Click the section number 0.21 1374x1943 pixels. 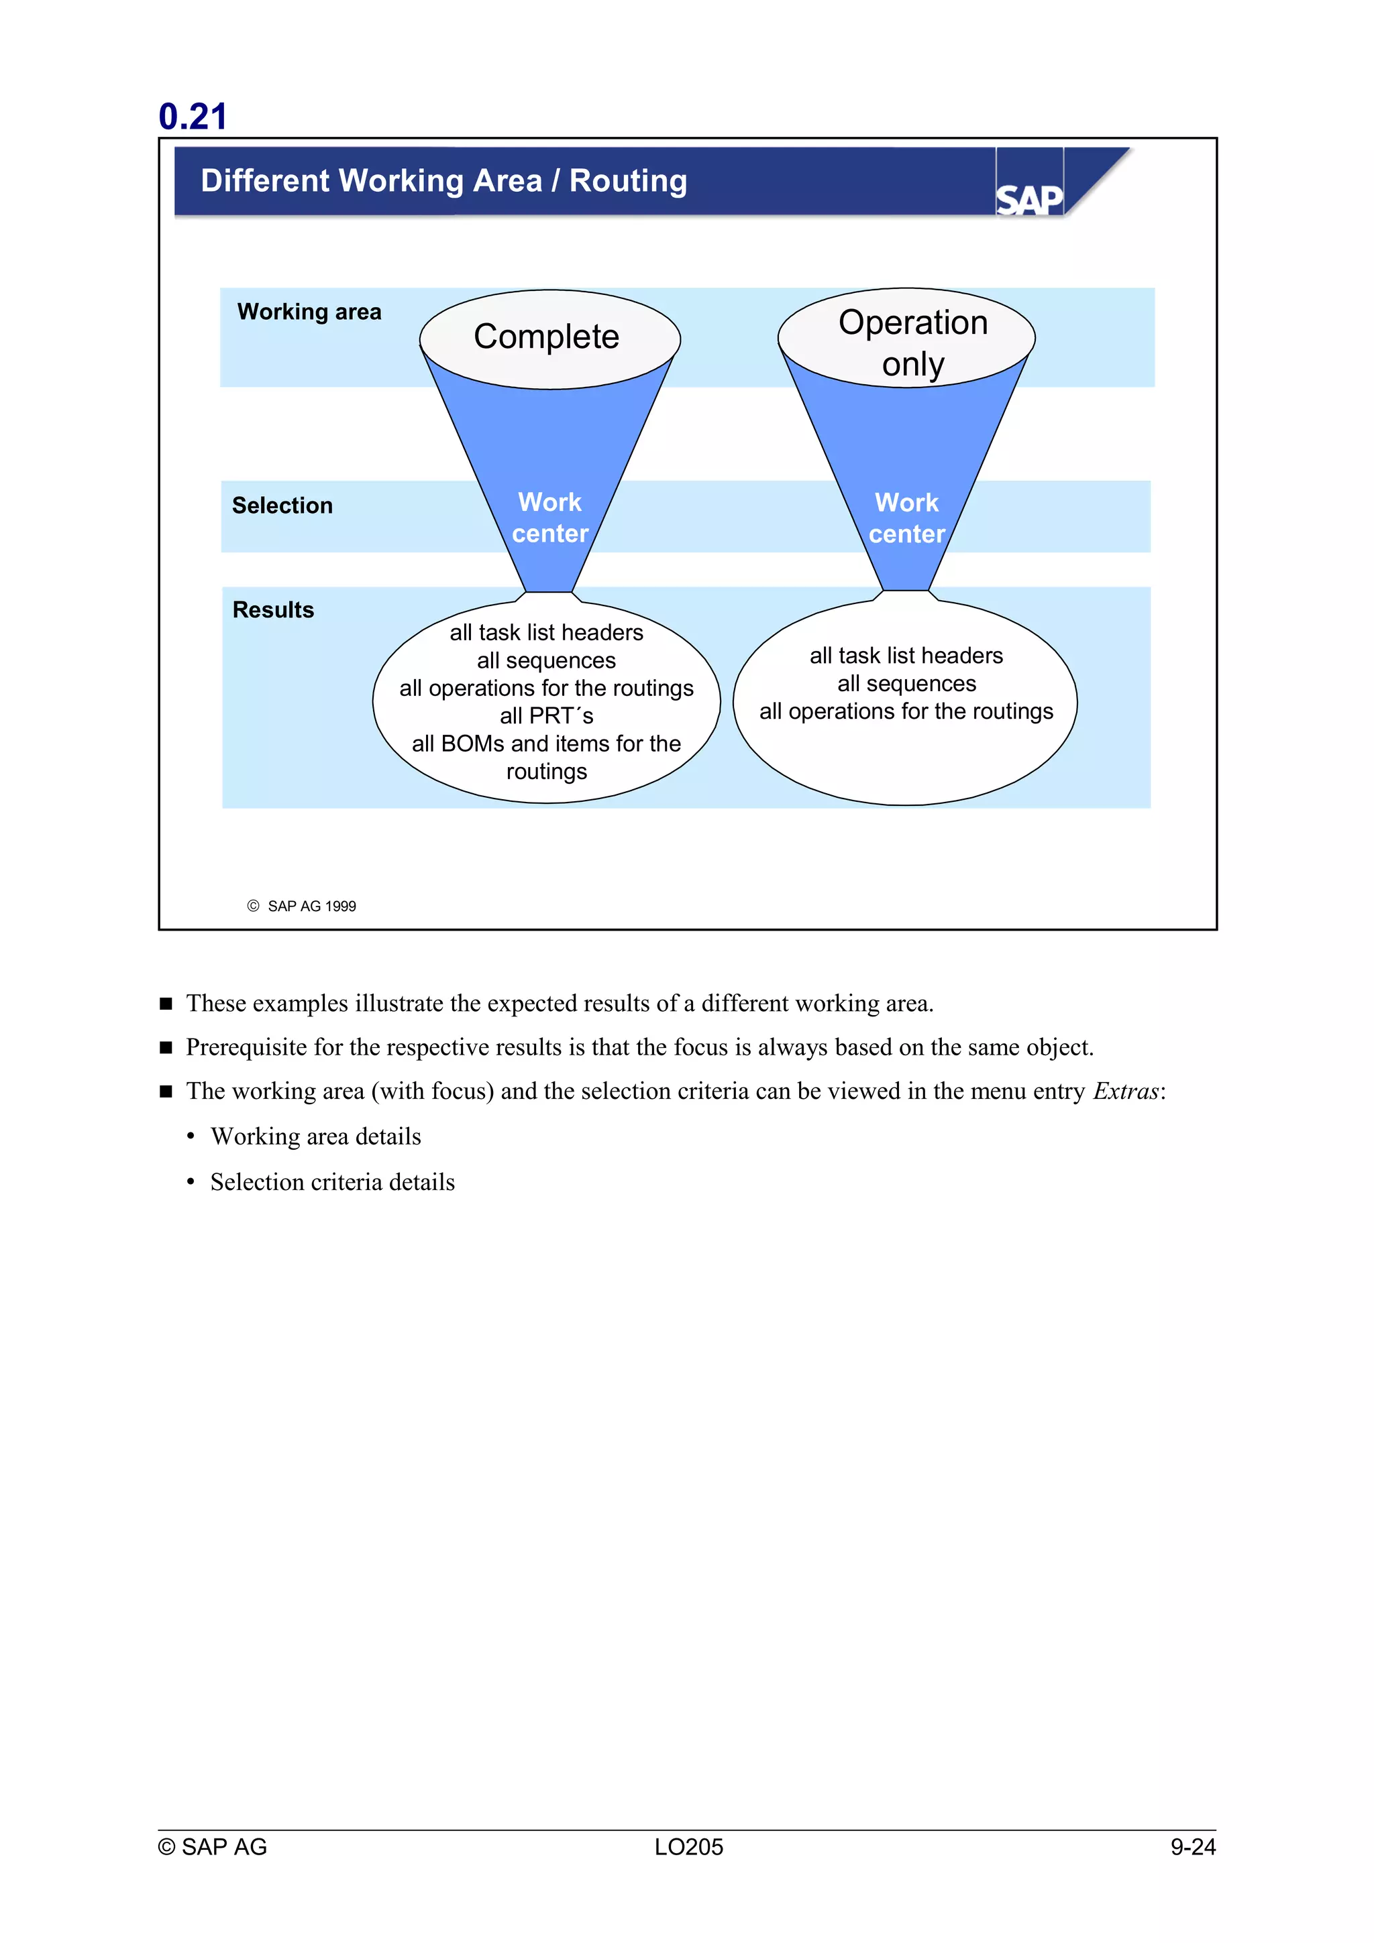pyautogui.click(x=193, y=117)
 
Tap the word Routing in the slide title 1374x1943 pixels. pyautogui.click(x=627, y=181)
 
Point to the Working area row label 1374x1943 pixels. pyautogui.click(x=309, y=312)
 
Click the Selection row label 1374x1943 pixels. pyautogui.click(x=282, y=506)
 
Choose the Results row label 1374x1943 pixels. pyautogui.click(x=272, y=610)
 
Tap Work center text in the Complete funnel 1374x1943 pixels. pyautogui.click(x=549, y=518)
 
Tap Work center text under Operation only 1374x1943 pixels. pyautogui.click(x=906, y=518)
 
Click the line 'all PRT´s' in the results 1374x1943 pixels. pyautogui.click(x=546, y=716)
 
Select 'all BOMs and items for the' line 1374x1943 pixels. pyautogui.click(x=546, y=744)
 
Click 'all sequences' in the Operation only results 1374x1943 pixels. pyautogui.click(x=906, y=684)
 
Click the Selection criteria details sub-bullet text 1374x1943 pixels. pyautogui.click(x=333, y=1182)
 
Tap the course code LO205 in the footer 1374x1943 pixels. pyautogui.click(x=688, y=1846)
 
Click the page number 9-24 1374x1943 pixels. pyautogui.click(x=1192, y=1846)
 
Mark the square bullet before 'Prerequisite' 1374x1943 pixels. pyautogui.click(x=166, y=1048)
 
